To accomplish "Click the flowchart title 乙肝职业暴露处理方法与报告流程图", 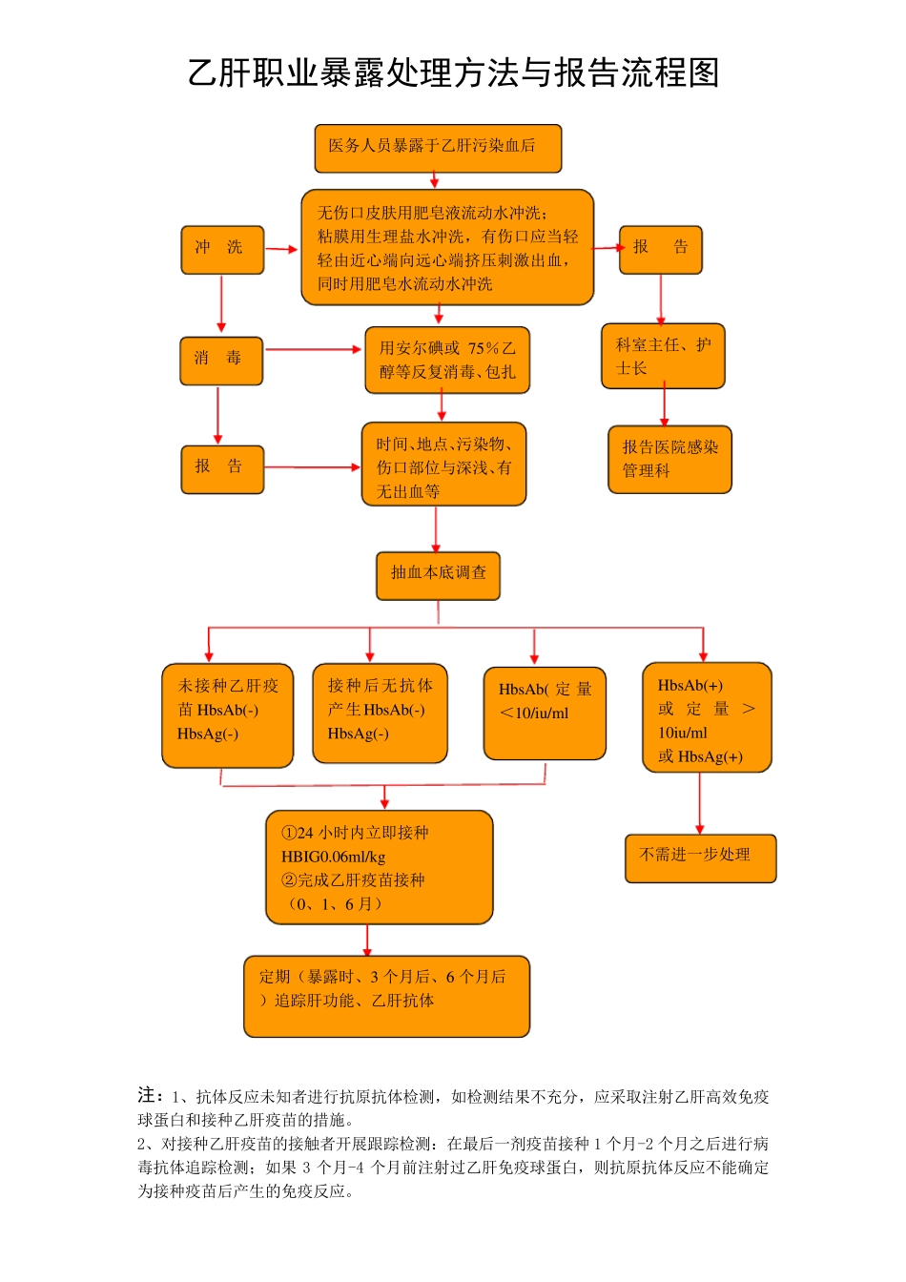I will pos(453,73).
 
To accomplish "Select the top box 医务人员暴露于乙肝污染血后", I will pos(438,148).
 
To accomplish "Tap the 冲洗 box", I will pos(222,250).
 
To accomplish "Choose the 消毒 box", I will pos(220,361).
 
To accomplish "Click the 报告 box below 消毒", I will pos(221,468).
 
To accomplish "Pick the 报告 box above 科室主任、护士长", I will pos(660,250).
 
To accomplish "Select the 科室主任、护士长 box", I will pos(663,357).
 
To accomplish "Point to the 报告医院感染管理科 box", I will pos(669,459).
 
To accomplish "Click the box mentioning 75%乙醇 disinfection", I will pos(446,361).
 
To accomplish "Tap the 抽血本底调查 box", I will pos(438,575).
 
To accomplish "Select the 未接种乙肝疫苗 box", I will pos(227,715).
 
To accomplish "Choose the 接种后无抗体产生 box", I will pos(380,713).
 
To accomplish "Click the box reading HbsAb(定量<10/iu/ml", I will pos(545,713).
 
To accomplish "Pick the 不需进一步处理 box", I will pos(700,858).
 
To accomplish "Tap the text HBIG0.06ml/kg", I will pos(334,857).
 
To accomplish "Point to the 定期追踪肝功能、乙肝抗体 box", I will pos(386,995).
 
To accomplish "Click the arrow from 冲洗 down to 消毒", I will pos(221,304).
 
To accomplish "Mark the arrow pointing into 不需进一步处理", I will pos(700,803).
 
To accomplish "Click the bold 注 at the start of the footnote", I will pos(148,1095).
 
